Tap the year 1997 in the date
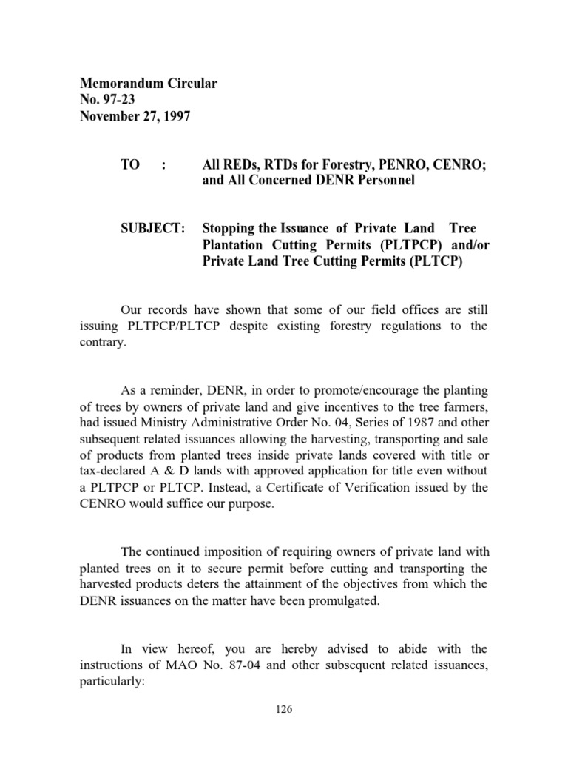tap(176, 118)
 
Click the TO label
tap(129, 165)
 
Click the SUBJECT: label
tap(152, 229)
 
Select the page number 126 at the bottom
tap(284, 709)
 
